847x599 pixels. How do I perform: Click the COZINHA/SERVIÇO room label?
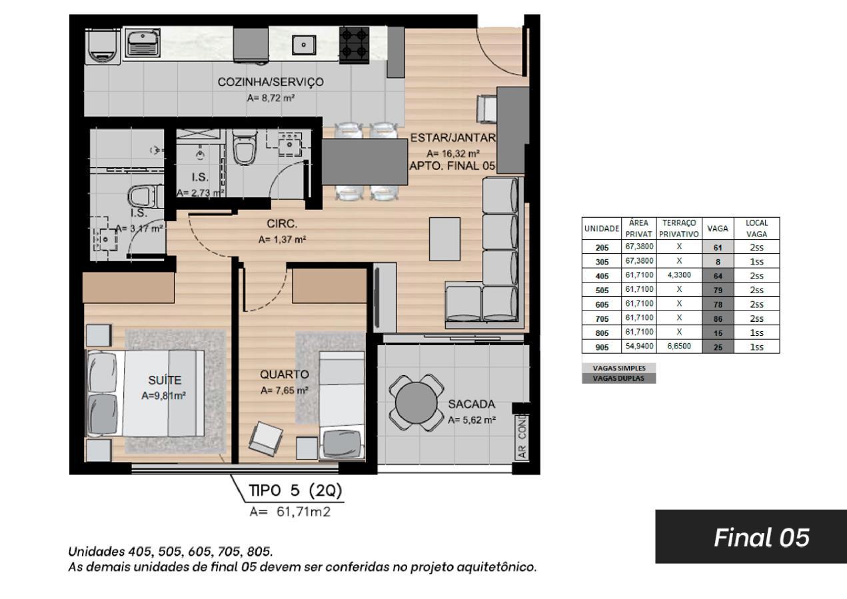point(271,82)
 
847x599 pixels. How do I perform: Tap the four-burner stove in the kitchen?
point(354,45)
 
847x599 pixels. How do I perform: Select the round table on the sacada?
point(416,402)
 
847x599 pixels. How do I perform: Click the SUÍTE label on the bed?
point(165,380)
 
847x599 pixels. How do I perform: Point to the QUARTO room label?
point(285,374)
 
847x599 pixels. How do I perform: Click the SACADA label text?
point(472,404)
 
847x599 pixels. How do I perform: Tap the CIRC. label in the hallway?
point(282,223)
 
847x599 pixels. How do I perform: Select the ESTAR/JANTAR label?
point(453,138)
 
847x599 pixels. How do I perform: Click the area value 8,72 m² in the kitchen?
point(271,98)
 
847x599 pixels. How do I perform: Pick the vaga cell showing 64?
point(718,276)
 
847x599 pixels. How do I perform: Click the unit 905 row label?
point(602,347)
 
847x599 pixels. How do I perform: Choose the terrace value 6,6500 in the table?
point(679,346)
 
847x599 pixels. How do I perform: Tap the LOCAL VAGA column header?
point(756,229)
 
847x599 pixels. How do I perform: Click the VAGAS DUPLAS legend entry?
point(618,378)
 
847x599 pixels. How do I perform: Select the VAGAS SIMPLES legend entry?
point(619,368)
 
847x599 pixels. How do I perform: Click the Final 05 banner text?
point(762,537)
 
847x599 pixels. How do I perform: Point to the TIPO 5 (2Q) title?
point(295,490)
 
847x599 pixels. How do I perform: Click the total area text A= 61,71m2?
point(290,512)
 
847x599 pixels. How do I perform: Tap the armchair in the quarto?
point(266,438)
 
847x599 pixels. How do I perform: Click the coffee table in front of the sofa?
point(444,239)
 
